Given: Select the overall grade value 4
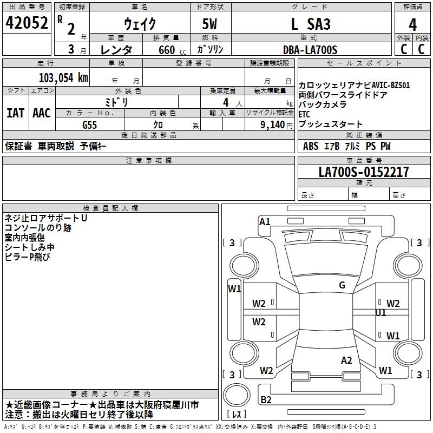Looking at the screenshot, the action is click(x=413, y=24).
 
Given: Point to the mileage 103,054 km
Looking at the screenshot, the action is click(x=63, y=77).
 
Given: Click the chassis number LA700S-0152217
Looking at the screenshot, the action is click(x=363, y=172).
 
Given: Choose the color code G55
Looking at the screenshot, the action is click(x=90, y=124).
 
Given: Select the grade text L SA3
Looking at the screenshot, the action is click(x=310, y=24).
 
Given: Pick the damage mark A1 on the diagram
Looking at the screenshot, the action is click(x=265, y=221).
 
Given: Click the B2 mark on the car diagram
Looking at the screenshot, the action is click(x=266, y=399).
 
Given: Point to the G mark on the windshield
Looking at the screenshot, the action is click(x=342, y=285).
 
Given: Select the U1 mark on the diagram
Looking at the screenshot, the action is click(x=380, y=313).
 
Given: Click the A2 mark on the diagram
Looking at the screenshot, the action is click(x=346, y=360).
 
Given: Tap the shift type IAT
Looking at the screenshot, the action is click(x=16, y=113).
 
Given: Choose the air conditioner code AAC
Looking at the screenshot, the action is click(x=42, y=113).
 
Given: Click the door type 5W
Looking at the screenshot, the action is click(x=210, y=24).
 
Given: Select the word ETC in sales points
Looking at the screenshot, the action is click(x=305, y=114).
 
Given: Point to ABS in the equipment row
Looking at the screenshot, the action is click(x=311, y=146).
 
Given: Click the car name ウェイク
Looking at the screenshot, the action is click(x=140, y=24).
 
